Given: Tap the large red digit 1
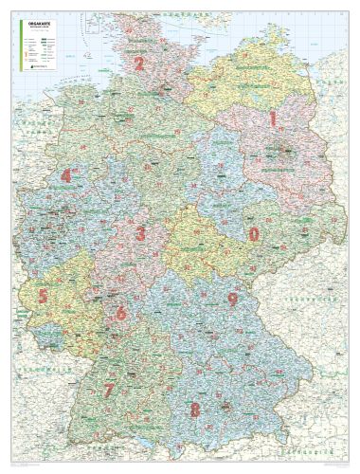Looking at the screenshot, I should [x=273, y=118].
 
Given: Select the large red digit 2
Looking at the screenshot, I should [x=139, y=64].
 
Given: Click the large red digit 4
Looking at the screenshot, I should [x=43, y=296].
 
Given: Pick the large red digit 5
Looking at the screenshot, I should [x=120, y=312].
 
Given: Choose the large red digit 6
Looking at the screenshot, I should [x=109, y=391].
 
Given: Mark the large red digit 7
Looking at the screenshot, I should [x=195, y=410].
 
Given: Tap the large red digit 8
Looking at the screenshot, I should [x=231, y=300].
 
